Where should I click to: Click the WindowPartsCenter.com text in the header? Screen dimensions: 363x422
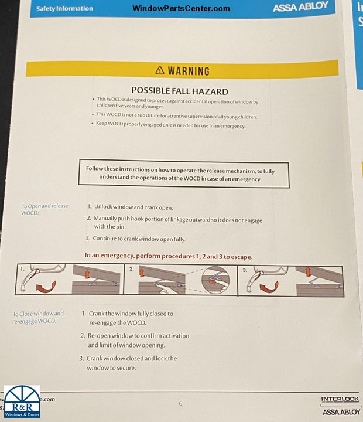point(181,8)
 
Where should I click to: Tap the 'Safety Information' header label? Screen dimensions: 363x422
point(64,9)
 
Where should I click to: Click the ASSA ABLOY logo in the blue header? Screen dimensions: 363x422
point(300,6)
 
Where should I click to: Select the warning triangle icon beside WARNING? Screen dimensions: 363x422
point(160,70)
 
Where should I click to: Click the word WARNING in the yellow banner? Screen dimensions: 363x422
point(189,72)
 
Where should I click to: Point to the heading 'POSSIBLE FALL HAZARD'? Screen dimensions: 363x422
point(180,91)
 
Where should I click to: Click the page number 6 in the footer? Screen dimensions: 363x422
point(180,403)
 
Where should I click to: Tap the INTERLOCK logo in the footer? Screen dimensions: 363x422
point(340,399)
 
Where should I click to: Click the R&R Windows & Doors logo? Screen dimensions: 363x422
point(22,401)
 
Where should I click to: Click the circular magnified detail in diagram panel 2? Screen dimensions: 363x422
point(215,280)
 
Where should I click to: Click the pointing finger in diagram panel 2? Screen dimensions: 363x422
point(164,290)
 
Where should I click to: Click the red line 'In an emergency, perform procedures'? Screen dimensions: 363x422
point(169,256)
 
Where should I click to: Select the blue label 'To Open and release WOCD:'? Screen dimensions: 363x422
point(44,209)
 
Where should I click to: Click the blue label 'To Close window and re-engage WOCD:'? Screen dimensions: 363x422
point(38,317)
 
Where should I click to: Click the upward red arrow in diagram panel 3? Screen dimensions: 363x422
point(308,272)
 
